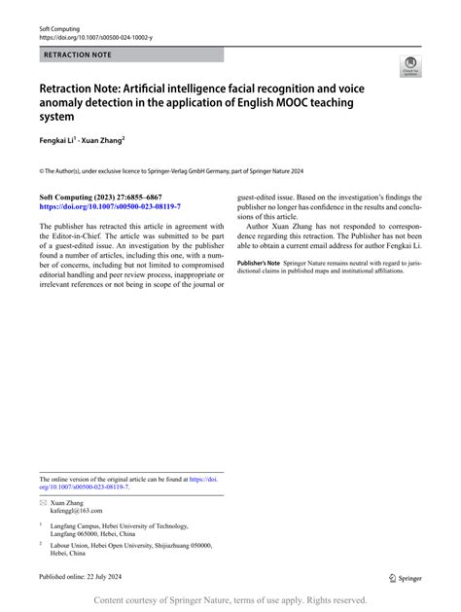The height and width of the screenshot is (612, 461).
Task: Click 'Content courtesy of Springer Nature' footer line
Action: coord(230,602)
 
